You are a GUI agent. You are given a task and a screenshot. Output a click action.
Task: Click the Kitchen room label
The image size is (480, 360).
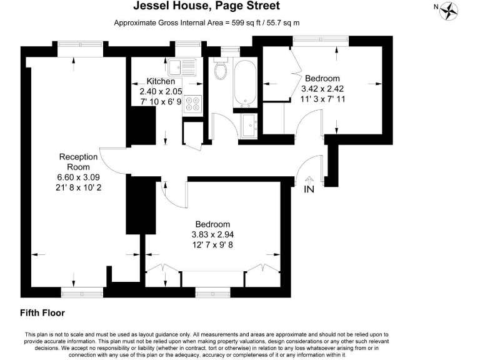pos(161,82)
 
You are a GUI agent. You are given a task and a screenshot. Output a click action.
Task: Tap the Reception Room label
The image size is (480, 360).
pos(78,162)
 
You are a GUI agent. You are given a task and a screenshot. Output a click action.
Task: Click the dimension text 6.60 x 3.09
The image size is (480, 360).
pos(78,177)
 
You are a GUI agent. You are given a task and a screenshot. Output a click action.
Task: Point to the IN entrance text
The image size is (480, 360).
pos(309,189)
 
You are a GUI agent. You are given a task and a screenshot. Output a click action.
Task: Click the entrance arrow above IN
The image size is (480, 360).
pos(309,179)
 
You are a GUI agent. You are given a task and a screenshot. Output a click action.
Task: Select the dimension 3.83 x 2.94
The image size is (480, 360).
pos(212,234)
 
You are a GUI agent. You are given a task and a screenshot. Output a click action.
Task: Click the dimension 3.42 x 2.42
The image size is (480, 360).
pos(322,89)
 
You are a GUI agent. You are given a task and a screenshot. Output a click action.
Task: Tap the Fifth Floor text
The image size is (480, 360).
pos(42,312)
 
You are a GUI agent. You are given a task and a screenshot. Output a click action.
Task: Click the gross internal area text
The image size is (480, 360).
pos(207,22)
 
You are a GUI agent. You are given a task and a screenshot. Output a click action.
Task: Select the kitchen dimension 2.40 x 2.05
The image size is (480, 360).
pos(161,91)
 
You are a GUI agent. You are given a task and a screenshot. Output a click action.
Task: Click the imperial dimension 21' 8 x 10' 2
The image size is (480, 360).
pos(78,187)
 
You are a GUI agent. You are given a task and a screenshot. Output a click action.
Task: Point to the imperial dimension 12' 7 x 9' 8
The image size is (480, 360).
pos(212,244)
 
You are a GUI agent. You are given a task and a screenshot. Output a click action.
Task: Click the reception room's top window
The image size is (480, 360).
pos(79,44)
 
